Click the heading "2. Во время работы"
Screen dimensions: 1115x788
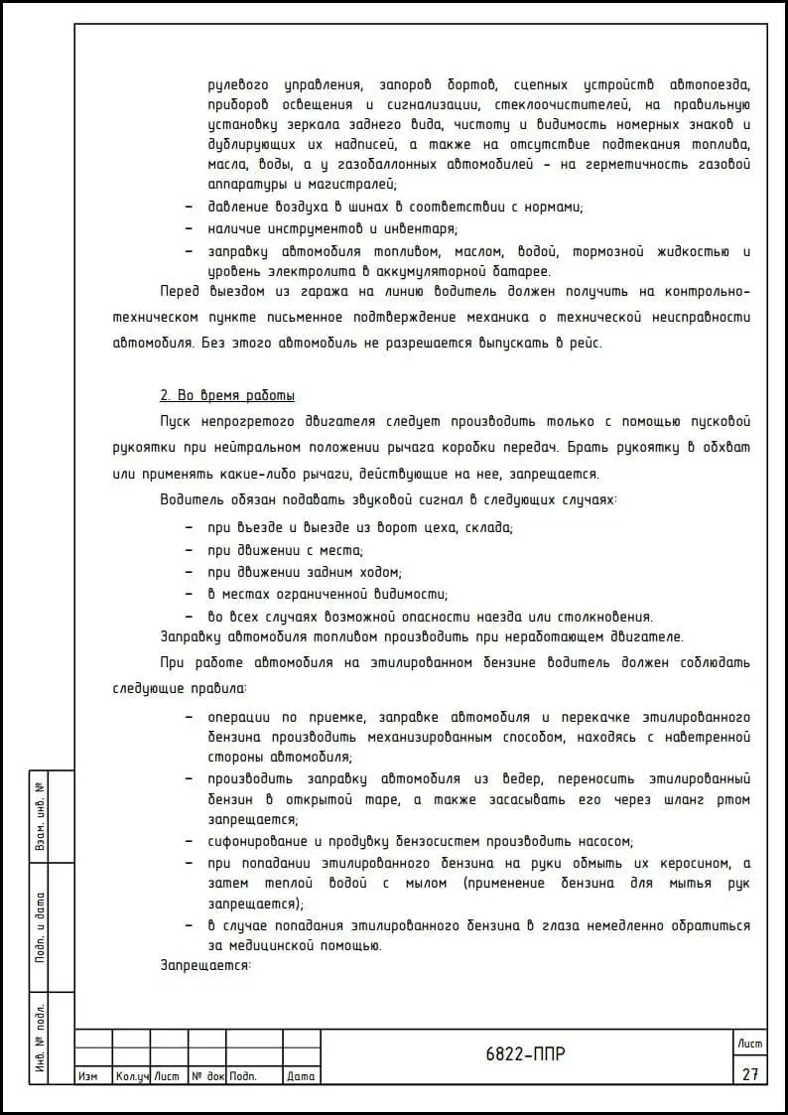tap(227, 395)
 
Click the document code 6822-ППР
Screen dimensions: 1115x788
tap(526, 1054)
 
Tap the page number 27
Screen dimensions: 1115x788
tap(749, 1074)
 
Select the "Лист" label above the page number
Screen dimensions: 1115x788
tap(749, 1043)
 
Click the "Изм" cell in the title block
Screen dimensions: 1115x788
tap(87, 1076)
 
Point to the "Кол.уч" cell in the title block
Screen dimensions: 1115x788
tap(131, 1076)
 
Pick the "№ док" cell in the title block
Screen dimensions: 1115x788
tap(207, 1076)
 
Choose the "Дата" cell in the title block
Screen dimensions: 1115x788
tap(300, 1076)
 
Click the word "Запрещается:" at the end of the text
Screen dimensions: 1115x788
tap(205, 964)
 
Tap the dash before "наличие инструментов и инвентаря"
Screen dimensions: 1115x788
tap(190, 229)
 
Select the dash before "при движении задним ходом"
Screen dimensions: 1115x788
tap(190, 572)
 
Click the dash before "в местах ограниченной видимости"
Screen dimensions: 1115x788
tap(190, 594)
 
